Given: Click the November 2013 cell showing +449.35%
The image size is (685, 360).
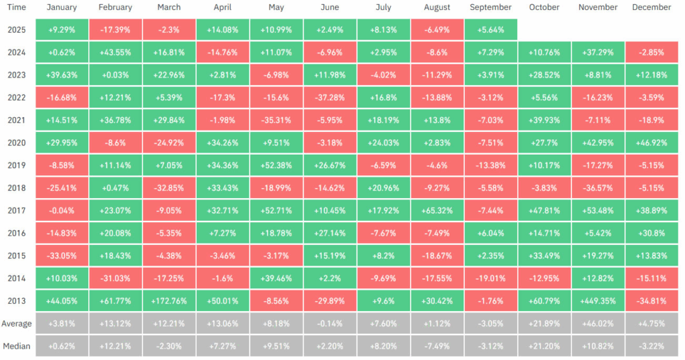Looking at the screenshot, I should pyautogui.click(x=598, y=300).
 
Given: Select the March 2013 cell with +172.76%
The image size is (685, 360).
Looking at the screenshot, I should pyautogui.click(x=169, y=300).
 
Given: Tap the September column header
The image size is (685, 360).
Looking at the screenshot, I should pyautogui.click(x=490, y=7).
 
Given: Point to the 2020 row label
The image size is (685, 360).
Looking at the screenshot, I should pyautogui.click(x=17, y=142).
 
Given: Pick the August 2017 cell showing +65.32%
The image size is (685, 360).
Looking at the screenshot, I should pyautogui.click(x=437, y=210).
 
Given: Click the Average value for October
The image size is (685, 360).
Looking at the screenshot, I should pyautogui.click(x=544, y=323).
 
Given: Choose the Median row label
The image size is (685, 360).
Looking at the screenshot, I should pyautogui.click(x=17, y=346).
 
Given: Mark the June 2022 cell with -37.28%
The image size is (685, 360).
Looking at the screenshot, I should pyautogui.click(x=330, y=97).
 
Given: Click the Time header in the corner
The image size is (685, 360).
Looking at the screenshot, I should pyautogui.click(x=17, y=7).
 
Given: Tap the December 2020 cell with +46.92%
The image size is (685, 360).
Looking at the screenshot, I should pyautogui.click(x=652, y=142).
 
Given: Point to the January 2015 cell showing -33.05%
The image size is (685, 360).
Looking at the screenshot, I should pyautogui.click(x=62, y=256).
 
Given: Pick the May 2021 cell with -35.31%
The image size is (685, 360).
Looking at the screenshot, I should pyautogui.click(x=276, y=120).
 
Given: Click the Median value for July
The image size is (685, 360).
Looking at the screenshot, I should pyautogui.click(x=383, y=346).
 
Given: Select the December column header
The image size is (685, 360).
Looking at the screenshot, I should pyautogui.click(x=652, y=7).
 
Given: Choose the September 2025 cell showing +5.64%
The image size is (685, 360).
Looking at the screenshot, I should pyautogui.click(x=490, y=29).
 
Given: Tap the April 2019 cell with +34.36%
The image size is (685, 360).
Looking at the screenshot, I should pyautogui.click(x=223, y=165).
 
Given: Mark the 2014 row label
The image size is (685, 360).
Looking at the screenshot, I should pyautogui.click(x=17, y=278).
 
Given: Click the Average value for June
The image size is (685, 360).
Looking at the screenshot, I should pyautogui.click(x=330, y=323).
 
